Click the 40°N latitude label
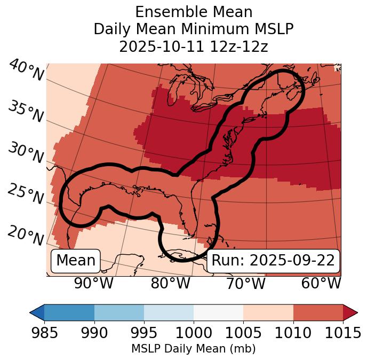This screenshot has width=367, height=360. pos(26,71)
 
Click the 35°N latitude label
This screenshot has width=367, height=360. pos(26,112)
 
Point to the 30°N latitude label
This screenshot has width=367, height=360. pos(26,153)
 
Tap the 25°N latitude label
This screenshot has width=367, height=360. pos(26,194)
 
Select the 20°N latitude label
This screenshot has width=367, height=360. pos(26,235)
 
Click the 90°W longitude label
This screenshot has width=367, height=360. pos(94,283)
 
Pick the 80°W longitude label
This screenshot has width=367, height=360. pos(171,283)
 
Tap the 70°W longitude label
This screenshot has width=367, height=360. pos(246,283)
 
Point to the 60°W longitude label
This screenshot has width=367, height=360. pos(321,283)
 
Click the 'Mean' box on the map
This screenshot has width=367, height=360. pos(76,261)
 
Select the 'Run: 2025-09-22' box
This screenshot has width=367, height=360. pos(273,261)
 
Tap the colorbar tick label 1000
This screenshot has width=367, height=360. pos(194,333)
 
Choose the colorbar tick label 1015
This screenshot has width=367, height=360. pos(342,333)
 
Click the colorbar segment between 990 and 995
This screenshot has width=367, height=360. pos(119,312)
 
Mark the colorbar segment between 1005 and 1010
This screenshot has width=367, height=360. pos(268,312)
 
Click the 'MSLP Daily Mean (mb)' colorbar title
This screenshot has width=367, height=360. pos(193,349)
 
